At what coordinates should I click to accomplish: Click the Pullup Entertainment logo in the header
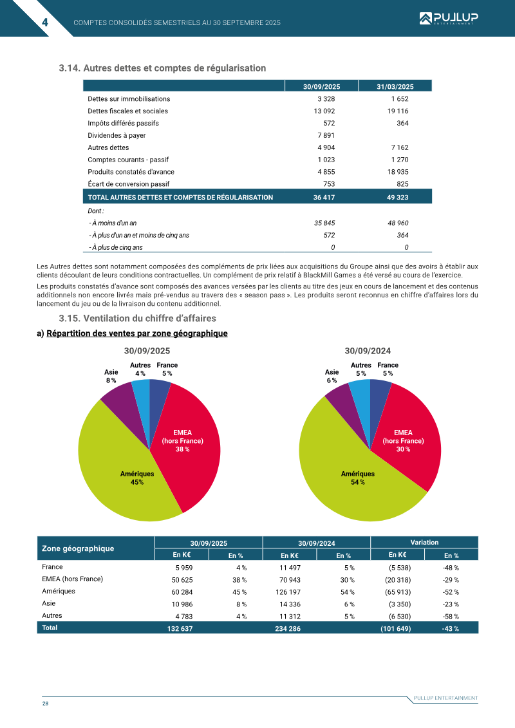(x=448, y=18)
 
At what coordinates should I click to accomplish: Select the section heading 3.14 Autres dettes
(x=162, y=68)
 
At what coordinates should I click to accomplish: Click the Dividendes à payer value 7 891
(x=326, y=135)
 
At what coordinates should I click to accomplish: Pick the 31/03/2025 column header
(x=395, y=86)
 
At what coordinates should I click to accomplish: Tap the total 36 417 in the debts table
(x=324, y=198)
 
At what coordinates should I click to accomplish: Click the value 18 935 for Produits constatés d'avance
(x=399, y=172)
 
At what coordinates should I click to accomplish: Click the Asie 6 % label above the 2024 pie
(x=332, y=376)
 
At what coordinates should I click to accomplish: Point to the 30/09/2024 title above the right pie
(x=368, y=351)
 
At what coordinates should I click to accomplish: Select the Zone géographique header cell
(x=78, y=548)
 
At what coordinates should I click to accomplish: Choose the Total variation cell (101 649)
(x=395, y=628)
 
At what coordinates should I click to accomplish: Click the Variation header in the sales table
(x=424, y=543)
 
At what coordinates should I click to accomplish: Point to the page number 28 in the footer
(x=45, y=703)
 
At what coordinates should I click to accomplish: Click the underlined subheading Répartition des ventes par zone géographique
(x=137, y=333)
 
